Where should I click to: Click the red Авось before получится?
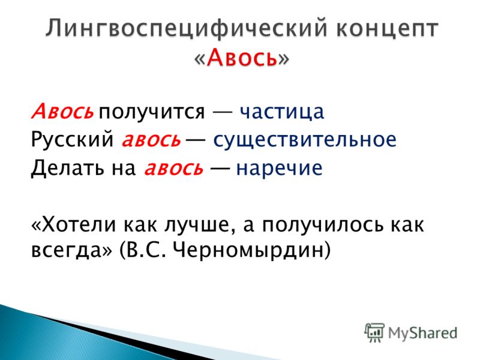point(62,111)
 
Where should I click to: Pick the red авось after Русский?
point(151,140)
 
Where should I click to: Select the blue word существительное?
point(305,140)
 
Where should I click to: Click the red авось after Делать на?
point(173,169)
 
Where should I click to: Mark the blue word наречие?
point(279,169)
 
